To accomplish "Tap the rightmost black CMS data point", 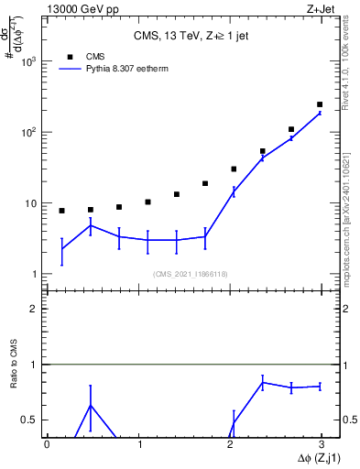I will [319, 104].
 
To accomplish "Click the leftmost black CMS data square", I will [61, 211].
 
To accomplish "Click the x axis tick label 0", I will [47, 444].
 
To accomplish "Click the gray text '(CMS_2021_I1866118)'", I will [190, 274].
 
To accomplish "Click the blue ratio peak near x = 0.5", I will [90, 405].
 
